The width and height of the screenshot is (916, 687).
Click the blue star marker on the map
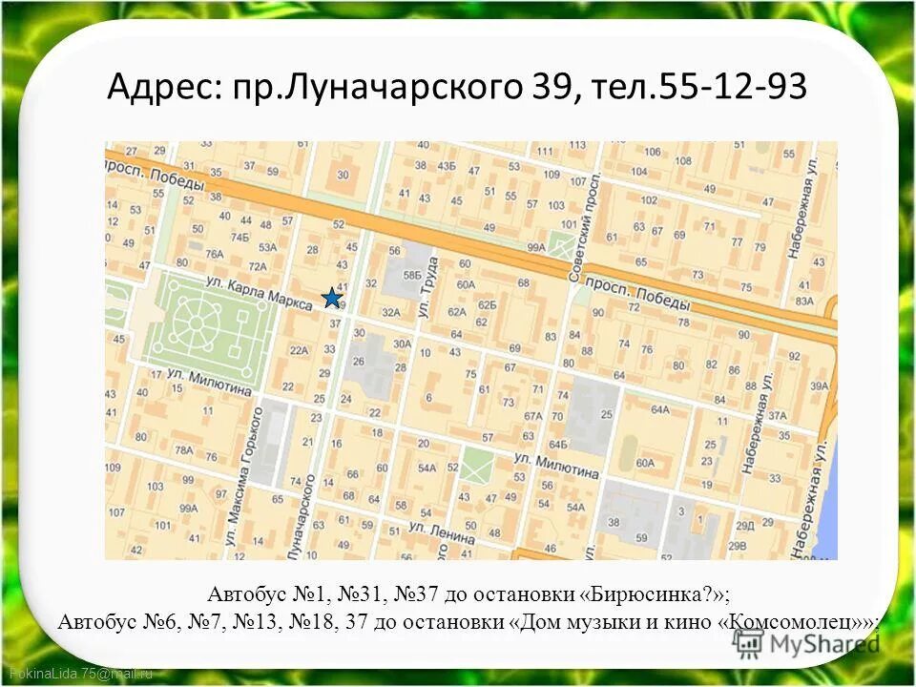(331, 298)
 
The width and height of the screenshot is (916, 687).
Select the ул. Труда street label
(427, 288)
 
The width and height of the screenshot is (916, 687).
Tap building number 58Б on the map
(411, 275)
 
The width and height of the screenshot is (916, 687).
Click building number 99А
(535, 246)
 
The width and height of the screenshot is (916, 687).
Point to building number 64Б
(558, 444)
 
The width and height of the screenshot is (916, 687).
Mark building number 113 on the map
(578, 146)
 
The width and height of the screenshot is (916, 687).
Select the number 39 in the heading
(547, 89)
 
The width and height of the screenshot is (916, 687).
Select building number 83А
(804, 302)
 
